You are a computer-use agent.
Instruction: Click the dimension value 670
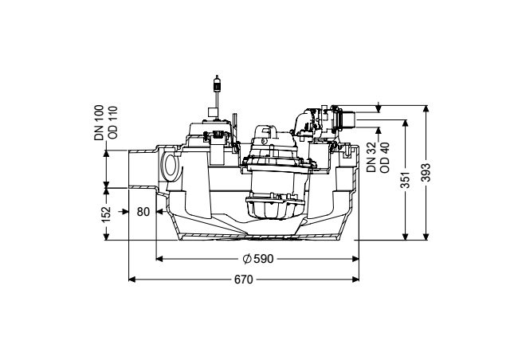pyautogui.click(x=243, y=280)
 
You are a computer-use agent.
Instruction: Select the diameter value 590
pyautogui.click(x=264, y=259)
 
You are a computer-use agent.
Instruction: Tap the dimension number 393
pyautogui.click(x=426, y=172)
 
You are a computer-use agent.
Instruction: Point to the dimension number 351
pyautogui.click(x=406, y=179)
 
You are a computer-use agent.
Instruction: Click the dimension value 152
pyautogui.click(x=106, y=215)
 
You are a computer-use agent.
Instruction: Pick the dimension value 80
pyautogui.click(x=143, y=212)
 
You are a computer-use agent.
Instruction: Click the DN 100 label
pyautogui.click(x=99, y=123)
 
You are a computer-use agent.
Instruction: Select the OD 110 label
pyautogui.click(x=112, y=123)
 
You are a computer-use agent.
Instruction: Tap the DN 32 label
pyautogui.click(x=371, y=157)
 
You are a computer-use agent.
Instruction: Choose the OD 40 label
pyautogui.click(x=384, y=158)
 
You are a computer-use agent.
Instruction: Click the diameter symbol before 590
pyautogui.click(x=247, y=259)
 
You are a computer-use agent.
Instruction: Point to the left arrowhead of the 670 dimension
pyautogui.click(x=131, y=280)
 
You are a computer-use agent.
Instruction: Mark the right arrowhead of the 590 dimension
pyautogui.click(x=355, y=259)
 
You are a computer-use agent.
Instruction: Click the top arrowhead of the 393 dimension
pyautogui.click(x=426, y=108)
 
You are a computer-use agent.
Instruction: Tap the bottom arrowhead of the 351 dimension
pyautogui.click(x=406, y=237)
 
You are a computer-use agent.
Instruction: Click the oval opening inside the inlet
pyautogui.click(x=170, y=166)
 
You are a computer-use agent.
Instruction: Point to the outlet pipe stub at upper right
pyautogui.click(x=349, y=119)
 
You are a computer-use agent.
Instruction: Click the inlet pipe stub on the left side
pyautogui.click(x=143, y=169)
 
